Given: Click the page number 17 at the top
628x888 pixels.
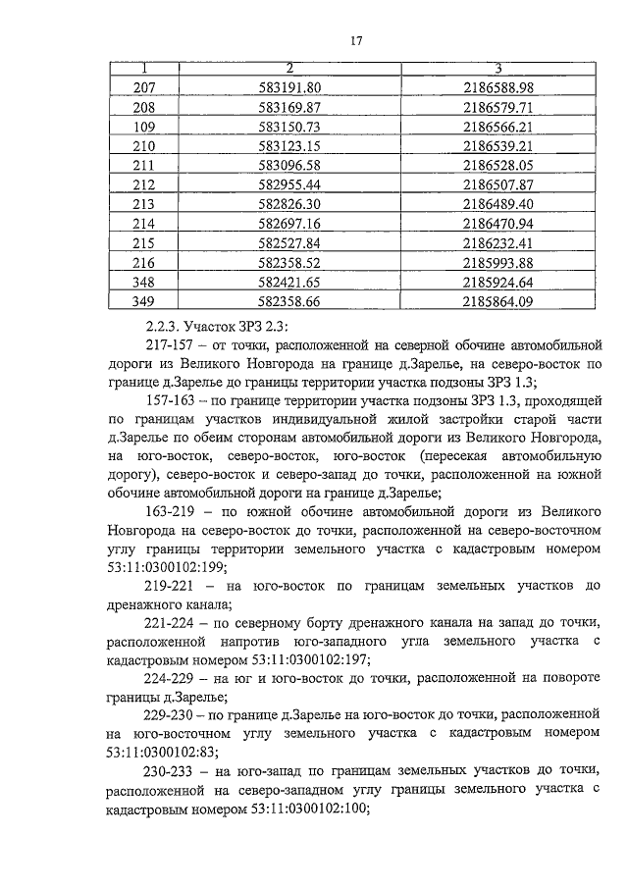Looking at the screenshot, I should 356,40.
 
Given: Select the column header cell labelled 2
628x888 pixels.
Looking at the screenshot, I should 288,68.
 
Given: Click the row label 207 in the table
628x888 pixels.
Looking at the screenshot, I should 144,88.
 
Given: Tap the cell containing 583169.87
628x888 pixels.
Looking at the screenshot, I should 288,108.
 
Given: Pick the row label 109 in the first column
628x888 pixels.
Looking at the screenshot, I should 144,128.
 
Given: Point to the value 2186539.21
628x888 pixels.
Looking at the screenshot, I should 498,146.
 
